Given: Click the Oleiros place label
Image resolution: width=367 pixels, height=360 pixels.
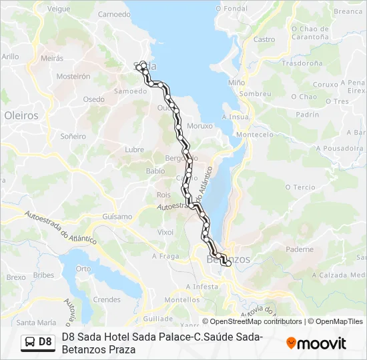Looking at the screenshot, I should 21,115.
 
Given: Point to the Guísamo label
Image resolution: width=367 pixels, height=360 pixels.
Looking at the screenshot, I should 117,217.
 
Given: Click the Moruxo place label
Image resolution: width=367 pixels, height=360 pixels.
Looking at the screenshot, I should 200,125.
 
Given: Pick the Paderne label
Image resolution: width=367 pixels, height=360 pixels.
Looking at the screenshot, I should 299,249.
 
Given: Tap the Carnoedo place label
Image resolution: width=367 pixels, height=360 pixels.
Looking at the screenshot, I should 114,14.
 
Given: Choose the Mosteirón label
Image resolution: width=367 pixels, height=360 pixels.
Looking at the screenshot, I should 73,77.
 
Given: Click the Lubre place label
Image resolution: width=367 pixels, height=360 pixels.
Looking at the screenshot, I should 134,149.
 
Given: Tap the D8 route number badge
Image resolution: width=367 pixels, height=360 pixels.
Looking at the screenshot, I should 45,342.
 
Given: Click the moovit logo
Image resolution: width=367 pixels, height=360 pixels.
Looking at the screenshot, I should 316,343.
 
